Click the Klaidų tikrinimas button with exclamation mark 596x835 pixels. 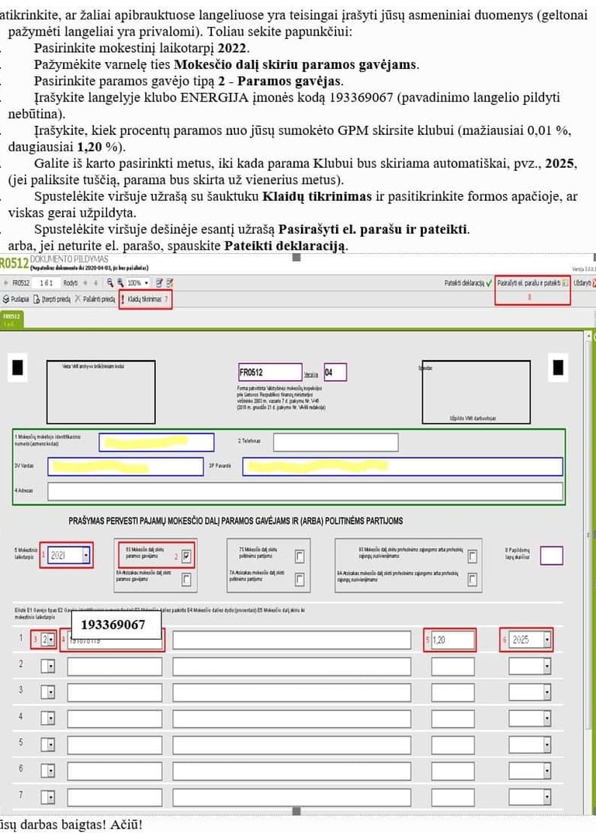pyautogui.click(x=146, y=299)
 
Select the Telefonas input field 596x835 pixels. pyautogui.click(x=335, y=442)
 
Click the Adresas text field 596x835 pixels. pyautogui.click(x=305, y=491)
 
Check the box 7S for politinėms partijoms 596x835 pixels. pyautogui.click(x=300, y=556)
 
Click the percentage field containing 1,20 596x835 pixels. pyautogui.click(x=452, y=640)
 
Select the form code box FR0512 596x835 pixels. pyautogui.click(x=269, y=372)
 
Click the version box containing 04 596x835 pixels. pyautogui.click(x=335, y=372)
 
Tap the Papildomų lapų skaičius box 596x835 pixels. pyautogui.click(x=551, y=556)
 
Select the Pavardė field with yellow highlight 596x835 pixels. pyautogui.click(x=402, y=466)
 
